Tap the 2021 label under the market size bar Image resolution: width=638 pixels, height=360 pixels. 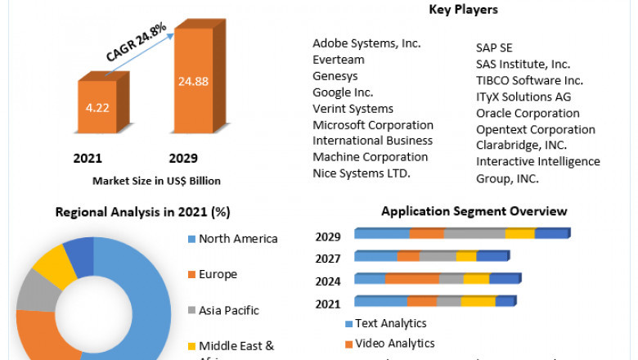tap(88, 158)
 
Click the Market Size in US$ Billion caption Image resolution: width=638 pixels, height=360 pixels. tap(156, 181)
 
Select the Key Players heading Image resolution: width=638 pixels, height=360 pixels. tap(462, 10)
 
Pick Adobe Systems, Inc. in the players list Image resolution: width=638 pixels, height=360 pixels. tap(366, 43)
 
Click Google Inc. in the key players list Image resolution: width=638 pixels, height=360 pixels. tap(343, 92)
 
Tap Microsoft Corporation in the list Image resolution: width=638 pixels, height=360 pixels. tap(373, 125)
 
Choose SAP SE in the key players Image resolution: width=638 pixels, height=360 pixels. tap(494, 48)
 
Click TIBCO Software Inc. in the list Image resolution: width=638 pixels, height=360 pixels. tap(529, 80)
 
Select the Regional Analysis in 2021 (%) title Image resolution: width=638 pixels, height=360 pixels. tap(142, 212)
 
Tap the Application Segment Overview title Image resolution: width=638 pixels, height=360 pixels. tap(474, 211)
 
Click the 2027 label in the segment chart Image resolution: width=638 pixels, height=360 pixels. tap(328, 258)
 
